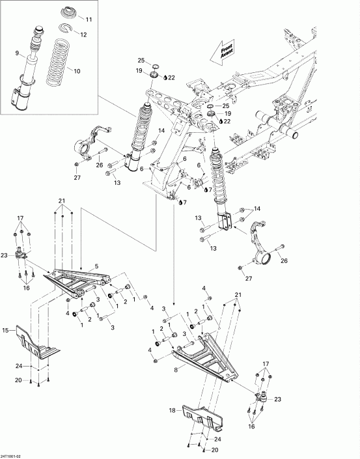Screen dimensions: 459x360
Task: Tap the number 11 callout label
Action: coord(89,20)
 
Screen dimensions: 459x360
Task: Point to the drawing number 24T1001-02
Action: coord(14,454)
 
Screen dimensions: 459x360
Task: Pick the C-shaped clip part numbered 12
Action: coord(68,28)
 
